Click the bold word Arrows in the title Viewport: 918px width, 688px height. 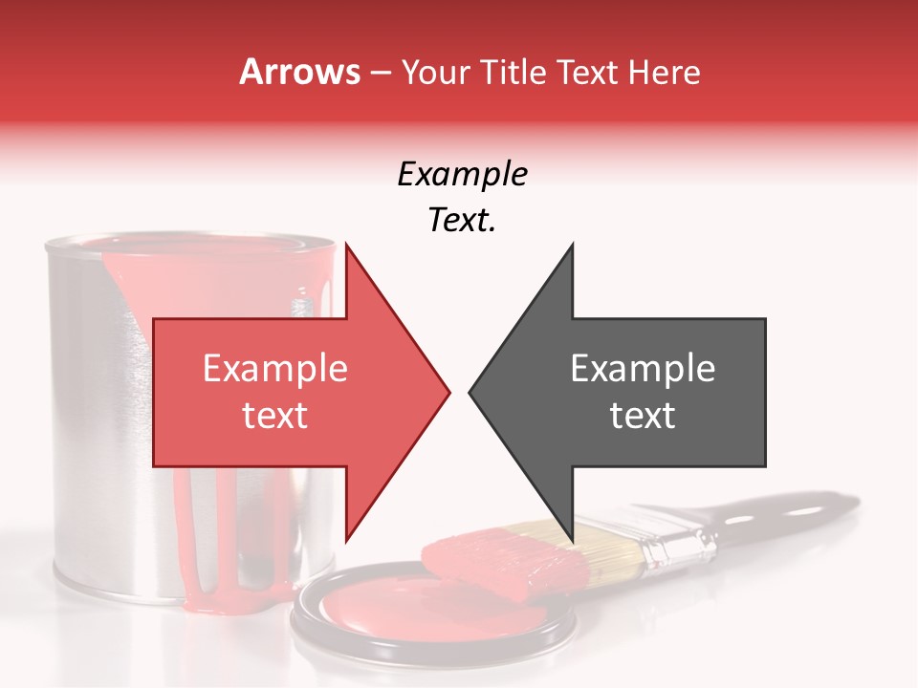(300, 72)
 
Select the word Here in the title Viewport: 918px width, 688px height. (664, 72)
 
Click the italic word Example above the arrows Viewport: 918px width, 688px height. (462, 175)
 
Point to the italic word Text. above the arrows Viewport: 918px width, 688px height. (462, 221)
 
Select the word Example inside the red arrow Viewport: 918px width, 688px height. (275, 369)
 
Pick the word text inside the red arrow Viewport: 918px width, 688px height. (275, 416)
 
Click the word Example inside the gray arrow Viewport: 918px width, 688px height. (643, 369)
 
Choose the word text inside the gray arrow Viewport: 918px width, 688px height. (643, 416)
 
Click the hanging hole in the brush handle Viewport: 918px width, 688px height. (741, 520)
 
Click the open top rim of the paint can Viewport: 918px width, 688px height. (191, 245)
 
